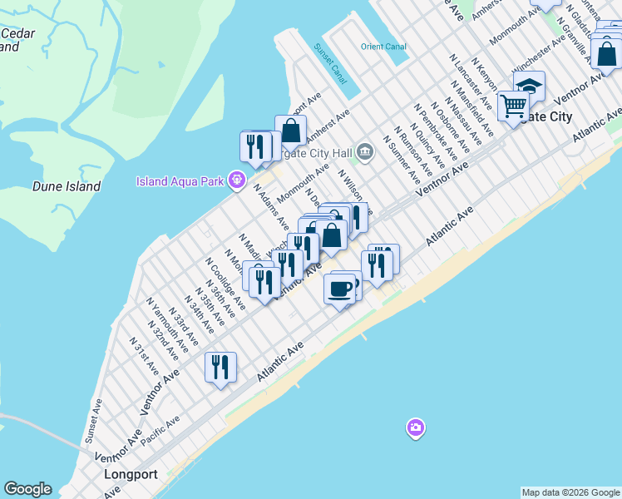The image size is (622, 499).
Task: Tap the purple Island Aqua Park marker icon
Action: coord(238,180)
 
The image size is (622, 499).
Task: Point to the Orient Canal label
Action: coord(382,47)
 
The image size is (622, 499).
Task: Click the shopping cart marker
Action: coord(513,106)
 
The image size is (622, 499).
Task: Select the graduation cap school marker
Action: coord(529,86)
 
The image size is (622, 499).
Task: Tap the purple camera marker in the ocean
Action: coord(415,428)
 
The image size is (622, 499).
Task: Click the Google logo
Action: coord(27,489)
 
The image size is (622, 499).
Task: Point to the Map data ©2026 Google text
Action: coord(570,492)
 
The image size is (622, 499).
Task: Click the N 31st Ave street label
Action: coord(144,355)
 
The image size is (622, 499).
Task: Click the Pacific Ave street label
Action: coord(160,432)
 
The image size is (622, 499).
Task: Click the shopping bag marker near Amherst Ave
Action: coord(290,131)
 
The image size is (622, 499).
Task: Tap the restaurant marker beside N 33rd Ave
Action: coord(220,367)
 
